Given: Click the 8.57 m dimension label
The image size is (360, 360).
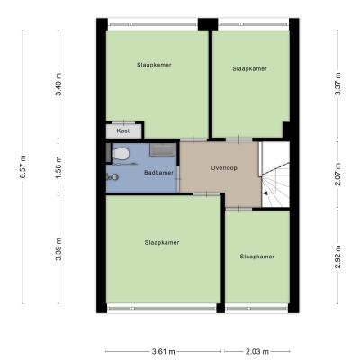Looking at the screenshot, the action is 22,167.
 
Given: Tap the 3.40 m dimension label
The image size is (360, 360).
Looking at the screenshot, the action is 58,85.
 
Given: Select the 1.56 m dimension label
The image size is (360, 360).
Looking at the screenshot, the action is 58,167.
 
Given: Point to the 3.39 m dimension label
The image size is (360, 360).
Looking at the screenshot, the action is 58,249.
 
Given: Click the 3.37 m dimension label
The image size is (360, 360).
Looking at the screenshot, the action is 337,85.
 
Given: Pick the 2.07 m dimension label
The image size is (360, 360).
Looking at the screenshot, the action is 337,175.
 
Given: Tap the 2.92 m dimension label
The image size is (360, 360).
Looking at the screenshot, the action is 337,256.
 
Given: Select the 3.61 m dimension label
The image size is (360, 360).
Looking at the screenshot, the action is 164,351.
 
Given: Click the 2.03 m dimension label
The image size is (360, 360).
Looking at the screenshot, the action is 257,351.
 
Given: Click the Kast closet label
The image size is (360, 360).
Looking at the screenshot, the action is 123,131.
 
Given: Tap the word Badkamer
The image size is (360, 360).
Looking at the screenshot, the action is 158,173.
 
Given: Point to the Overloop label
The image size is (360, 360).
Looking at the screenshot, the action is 224,168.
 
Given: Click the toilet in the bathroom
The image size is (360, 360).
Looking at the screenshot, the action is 121,154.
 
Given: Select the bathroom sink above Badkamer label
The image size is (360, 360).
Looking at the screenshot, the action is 162,149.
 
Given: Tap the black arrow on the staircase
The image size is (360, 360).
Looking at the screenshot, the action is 265,193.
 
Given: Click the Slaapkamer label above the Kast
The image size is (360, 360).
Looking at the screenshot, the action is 154,65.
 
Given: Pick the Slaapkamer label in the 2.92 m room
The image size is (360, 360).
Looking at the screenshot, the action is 257,256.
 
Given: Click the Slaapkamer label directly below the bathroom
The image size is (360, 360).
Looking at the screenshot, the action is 162,242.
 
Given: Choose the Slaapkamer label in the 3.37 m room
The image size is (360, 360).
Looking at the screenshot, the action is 249,68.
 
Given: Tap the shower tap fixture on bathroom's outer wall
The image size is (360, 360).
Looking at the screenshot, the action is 112,177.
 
